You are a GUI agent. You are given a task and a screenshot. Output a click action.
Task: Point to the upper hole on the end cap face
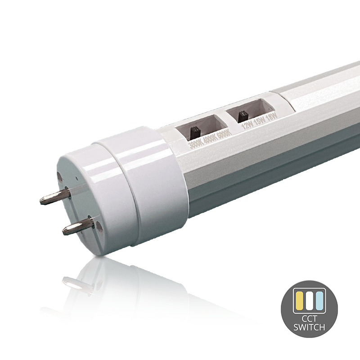click(61, 174)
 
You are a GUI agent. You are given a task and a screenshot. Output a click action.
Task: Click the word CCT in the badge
click(309, 319)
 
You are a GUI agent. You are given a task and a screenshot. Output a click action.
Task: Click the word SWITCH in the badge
click(309, 328)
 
